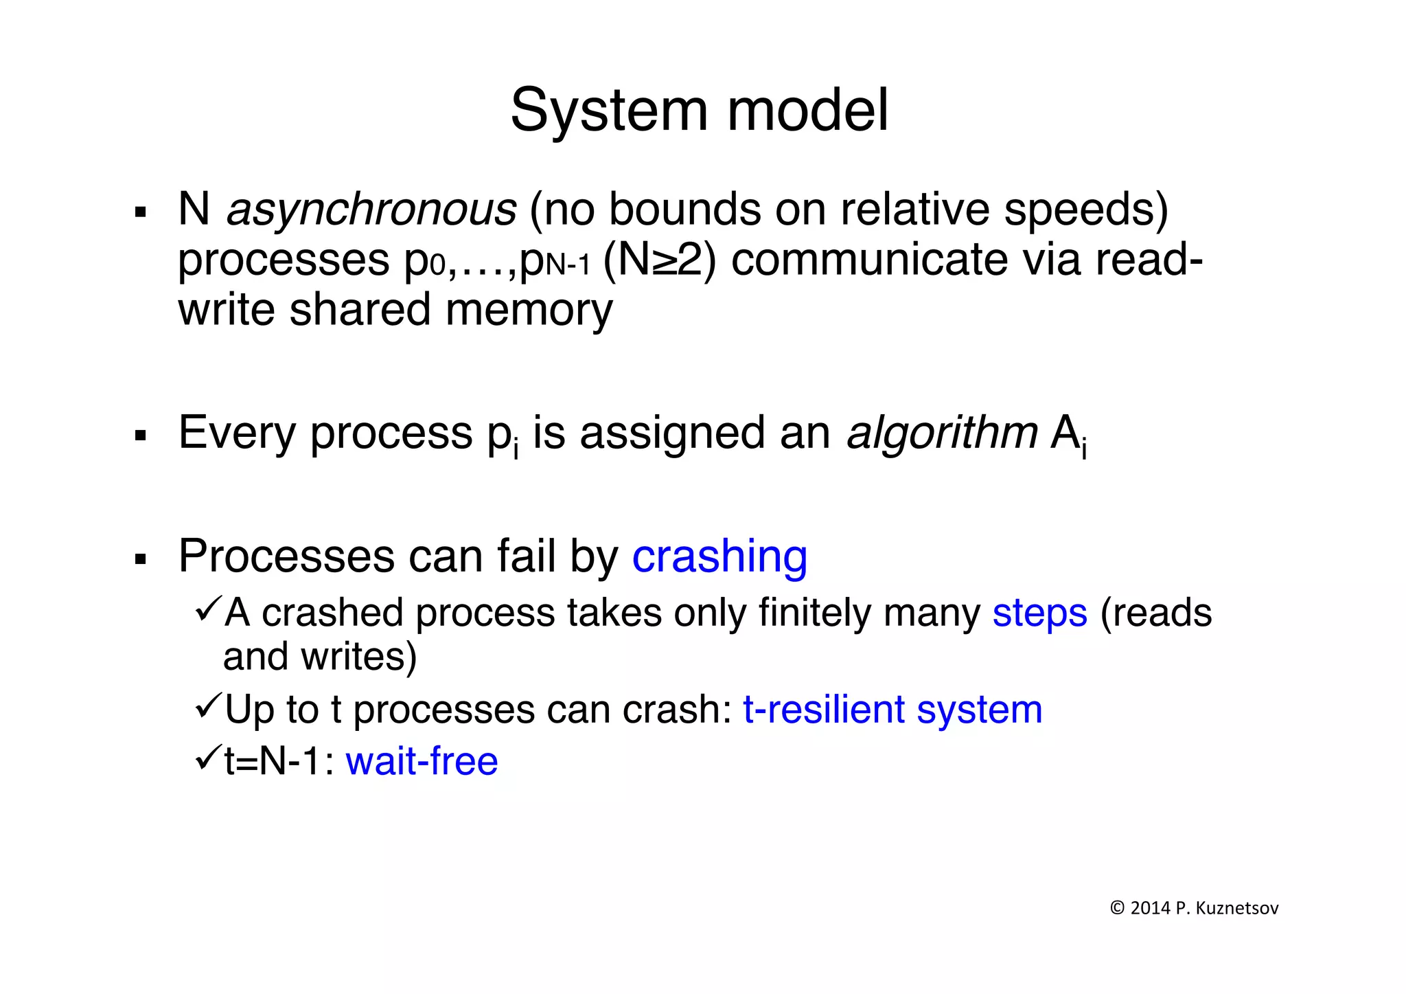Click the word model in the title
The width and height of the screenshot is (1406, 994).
808,111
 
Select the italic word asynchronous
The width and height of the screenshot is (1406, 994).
371,209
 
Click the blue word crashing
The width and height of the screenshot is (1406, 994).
719,556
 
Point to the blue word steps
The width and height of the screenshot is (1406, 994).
1039,613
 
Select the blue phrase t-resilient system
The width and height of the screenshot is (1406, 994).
892,710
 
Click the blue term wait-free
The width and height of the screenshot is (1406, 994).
422,761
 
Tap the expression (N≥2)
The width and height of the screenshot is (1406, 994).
658,260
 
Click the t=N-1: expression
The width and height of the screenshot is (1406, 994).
279,761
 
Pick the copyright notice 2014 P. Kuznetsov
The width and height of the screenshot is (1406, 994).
1194,908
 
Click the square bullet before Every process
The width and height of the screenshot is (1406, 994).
141,436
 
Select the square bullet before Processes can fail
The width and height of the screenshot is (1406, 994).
141,559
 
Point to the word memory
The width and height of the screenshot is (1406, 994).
529,310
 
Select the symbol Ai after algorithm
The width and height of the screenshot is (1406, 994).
1068,435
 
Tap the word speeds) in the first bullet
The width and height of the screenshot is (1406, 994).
1085,209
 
